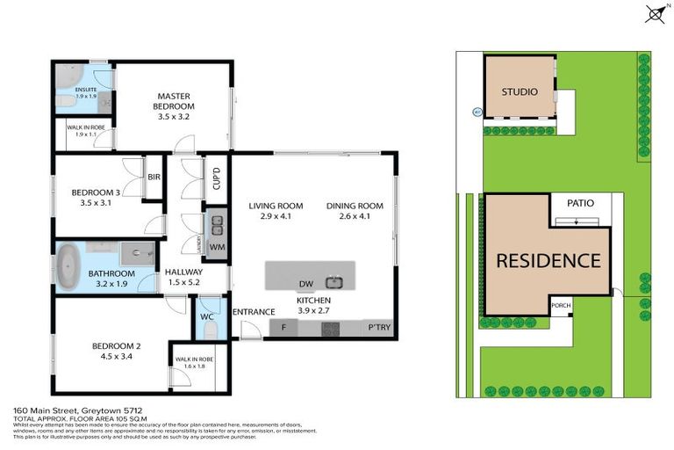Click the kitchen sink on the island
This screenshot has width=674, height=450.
(333, 282)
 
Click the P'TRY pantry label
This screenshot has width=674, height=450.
(379, 329)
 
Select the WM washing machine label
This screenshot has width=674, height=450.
(217, 247)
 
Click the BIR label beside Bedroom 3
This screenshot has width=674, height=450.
(154, 177)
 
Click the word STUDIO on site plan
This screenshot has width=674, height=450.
(520, 91)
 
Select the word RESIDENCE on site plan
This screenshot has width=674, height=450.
(548, 261)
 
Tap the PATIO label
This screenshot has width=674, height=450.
(580, 203)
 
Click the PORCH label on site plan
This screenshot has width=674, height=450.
(560, 306)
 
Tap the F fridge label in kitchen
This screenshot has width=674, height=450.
(283, 329)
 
